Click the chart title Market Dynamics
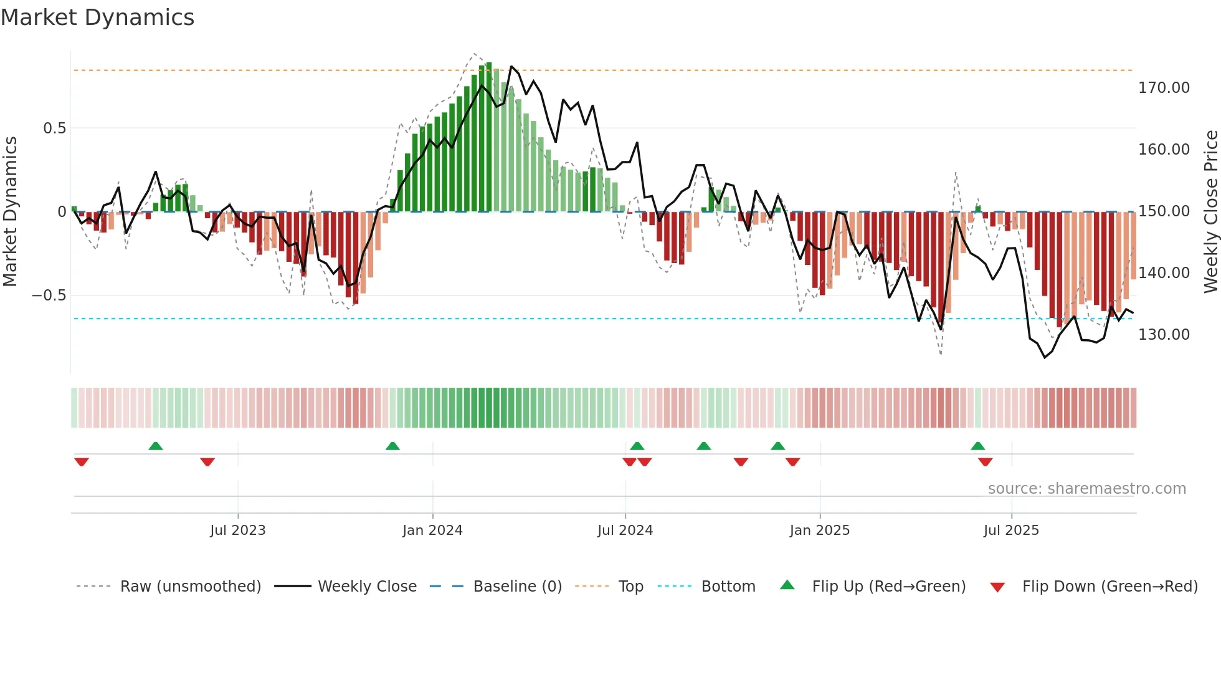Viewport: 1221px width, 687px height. coord(97,17)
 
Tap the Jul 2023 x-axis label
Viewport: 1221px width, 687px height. coord(237,531)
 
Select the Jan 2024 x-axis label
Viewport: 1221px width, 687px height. coord(432,531)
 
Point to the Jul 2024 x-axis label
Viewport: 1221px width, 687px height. coord(625,531)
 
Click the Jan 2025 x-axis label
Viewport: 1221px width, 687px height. coord(819,531)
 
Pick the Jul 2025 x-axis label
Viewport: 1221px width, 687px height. coord(1011,531)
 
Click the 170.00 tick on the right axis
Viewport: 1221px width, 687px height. coord(1164,88)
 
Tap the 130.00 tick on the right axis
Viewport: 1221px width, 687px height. coord(1164,335)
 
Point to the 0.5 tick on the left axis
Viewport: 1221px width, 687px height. coord(54,128)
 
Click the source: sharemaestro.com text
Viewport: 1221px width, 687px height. coord(1086,489)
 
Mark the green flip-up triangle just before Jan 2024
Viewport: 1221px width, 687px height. coord(392,446)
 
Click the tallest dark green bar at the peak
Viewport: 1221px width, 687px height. coord(489,137)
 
